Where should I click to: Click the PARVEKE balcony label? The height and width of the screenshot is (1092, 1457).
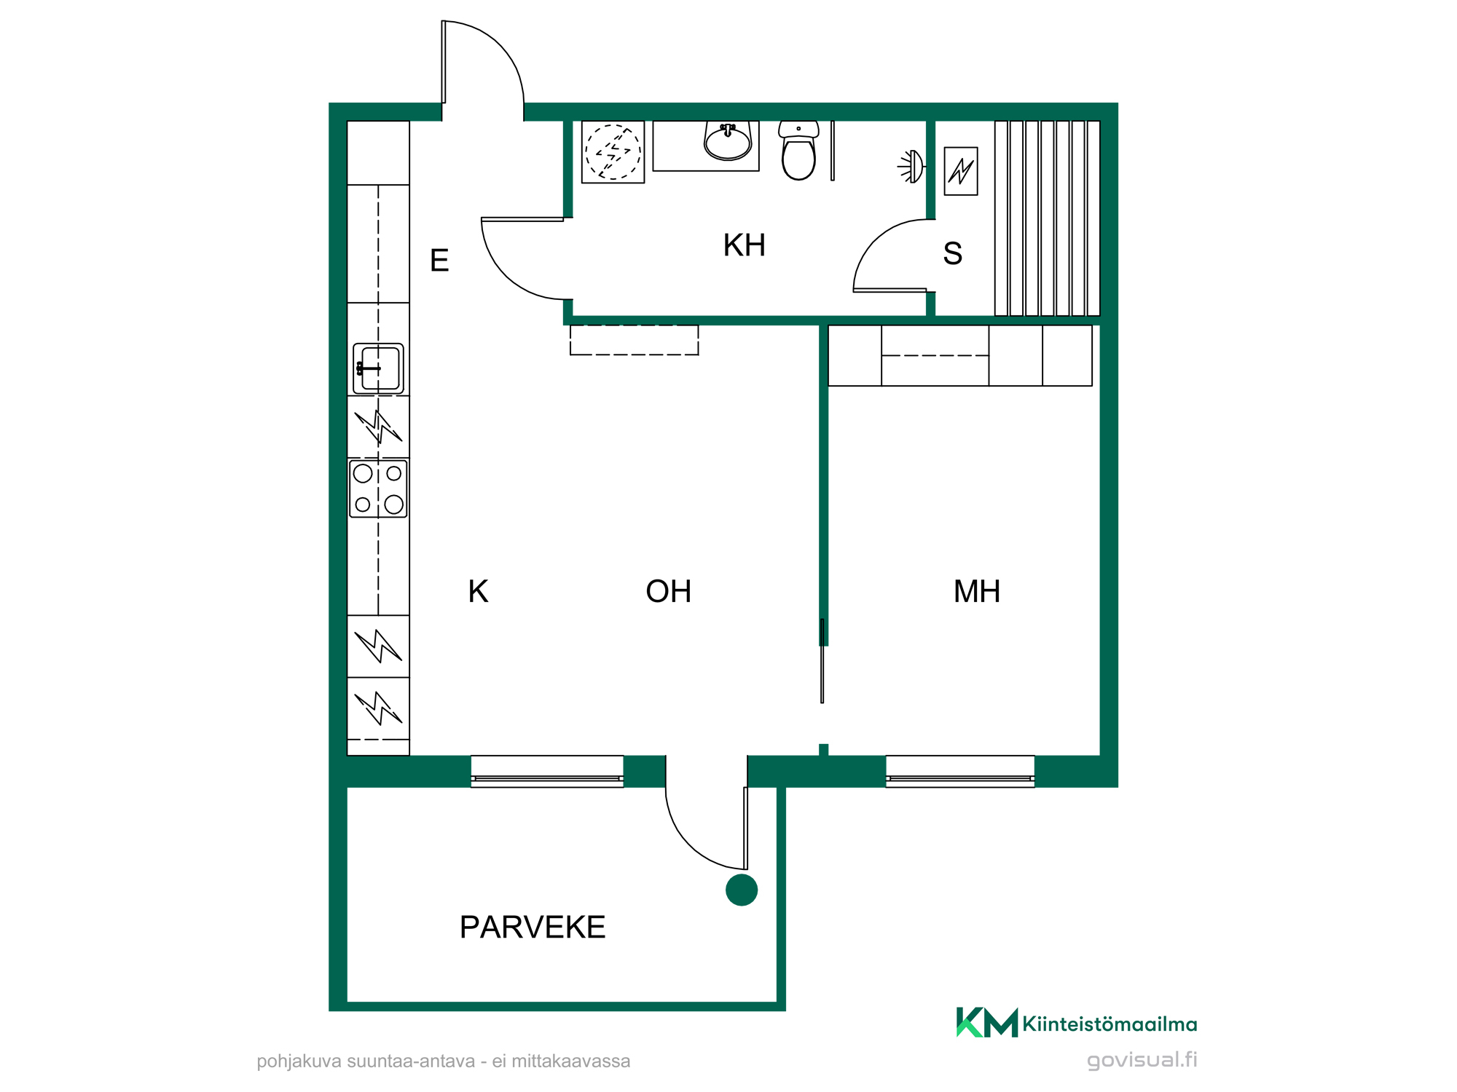(x=533, y=927)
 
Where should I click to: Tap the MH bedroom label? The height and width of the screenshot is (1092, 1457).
(x=977, y=591)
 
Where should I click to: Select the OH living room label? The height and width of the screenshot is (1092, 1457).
(x=668, y=591)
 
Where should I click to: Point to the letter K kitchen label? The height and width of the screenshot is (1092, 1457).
(x=478, y=591)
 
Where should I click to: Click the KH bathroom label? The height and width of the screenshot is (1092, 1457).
(x=744, y=245)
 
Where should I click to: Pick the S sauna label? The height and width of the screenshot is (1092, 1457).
(x=953, y=253)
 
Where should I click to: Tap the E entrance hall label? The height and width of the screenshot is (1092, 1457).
(x=439, y=260)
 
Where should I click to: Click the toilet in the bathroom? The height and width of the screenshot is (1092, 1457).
(x=798, y=151)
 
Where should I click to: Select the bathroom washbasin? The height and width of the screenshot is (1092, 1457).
(x=727, y=141)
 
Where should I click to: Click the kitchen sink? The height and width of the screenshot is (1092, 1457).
(x=378, y=368)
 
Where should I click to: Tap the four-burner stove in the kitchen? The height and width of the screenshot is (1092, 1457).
(x=378, y=488)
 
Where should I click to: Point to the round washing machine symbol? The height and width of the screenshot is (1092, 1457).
(x=613, y=152)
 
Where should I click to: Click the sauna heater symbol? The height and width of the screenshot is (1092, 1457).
(x=961, y=171)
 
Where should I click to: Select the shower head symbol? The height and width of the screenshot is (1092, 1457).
(x=911, y=167)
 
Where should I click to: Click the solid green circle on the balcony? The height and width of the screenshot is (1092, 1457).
(x=742, y=890)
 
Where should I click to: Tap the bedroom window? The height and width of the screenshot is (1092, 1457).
(x=960, y=772)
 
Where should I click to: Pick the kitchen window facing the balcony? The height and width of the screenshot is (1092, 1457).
(x=547, y=772)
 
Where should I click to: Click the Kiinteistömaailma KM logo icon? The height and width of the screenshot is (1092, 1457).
(x=987, y=1022)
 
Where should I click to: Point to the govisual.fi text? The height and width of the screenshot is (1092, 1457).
(x=1142, y=1060)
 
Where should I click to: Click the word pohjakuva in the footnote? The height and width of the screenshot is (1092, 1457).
(x=299, y=1061)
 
